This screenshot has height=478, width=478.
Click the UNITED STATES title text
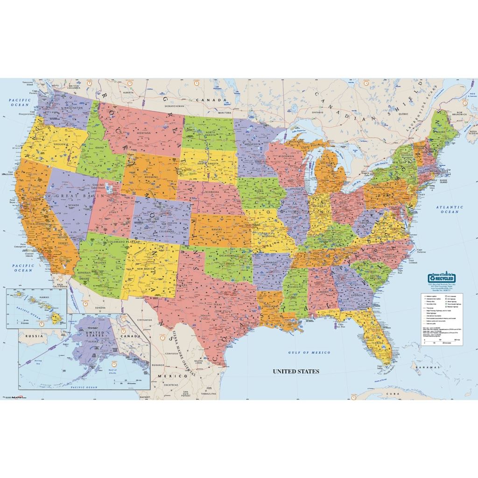coord(296,372)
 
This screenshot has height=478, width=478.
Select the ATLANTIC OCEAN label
coord(450,209)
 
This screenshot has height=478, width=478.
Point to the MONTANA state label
coord(144,133)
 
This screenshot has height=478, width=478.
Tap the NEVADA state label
coord(73,205)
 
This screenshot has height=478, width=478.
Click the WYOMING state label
coord(149,177)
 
